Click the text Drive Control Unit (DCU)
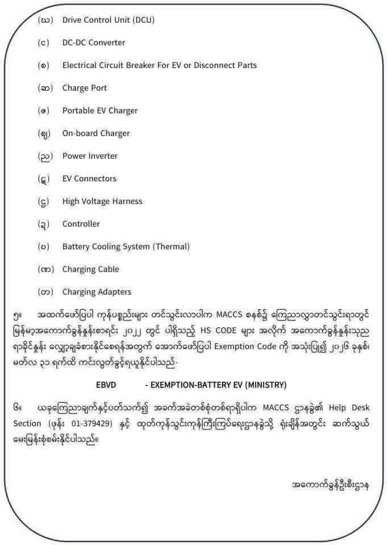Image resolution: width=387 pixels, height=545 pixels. pyautogui.click(x=108, y=20)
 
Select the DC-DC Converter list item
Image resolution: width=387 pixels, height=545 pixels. pyautogui.click(x=94, y=43)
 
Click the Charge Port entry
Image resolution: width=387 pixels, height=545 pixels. pyautogui.click(x=85, y=88)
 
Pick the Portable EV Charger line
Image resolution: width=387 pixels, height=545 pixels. pyautogui.click(x=100, y=111)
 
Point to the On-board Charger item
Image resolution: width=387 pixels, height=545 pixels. pyautogui.click(x=96, y=133)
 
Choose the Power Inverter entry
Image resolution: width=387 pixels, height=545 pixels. pyautogui.click(x=90, y=156)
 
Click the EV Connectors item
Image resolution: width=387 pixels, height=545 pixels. pyautogui.click(x=89, y=179)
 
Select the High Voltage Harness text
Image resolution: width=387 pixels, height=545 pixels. pyautogui.click(x=102, y=202)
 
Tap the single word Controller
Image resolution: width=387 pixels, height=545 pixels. pyautogui.click(x=81, y=224)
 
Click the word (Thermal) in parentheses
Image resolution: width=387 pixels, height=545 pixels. pyautogui.click(x=170, y=247)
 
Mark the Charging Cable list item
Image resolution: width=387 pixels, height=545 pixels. pyautogui.click(x=91, y=270)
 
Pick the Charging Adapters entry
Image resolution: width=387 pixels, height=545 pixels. pyautogui.click(x=97, y=292)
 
